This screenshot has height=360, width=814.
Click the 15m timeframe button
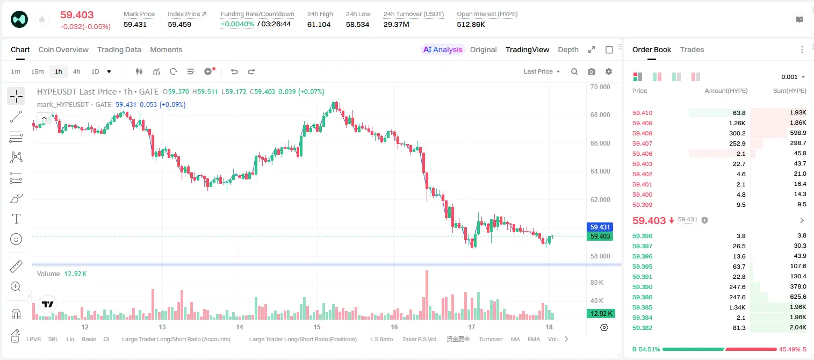38,71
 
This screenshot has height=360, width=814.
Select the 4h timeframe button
76,71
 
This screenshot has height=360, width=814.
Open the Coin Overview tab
63,49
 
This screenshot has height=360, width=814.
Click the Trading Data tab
119,49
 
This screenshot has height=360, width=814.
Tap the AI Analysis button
443,49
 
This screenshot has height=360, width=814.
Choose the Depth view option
568,49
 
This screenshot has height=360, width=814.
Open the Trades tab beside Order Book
692,49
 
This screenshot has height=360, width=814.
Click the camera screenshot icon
592,71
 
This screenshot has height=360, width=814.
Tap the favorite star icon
42,20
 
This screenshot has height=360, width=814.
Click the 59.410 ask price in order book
642,113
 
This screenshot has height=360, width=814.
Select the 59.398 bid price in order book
642,236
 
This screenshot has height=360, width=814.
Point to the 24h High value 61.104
319,24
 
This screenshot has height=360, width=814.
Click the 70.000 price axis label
600,87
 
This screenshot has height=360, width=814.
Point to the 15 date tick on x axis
317,327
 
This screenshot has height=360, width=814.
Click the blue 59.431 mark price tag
600,227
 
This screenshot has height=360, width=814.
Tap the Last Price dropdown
542,71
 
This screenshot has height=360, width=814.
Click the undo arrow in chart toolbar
234,71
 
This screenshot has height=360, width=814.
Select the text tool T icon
16,219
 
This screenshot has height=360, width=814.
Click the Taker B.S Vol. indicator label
419,339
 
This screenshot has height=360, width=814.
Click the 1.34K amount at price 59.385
737,307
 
